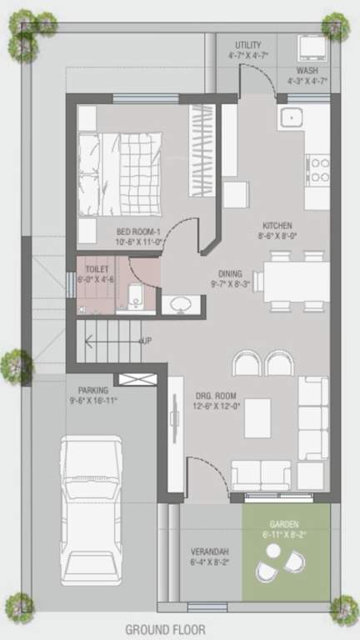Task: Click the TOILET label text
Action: (x=97, y=269)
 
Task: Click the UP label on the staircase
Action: (x=145, y=342)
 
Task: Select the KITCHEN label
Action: (x=277, y=226)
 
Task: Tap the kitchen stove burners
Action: (x=318, y=169)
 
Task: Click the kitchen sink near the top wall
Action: (x=292, y=116)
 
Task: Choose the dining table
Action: (x=296, y=282)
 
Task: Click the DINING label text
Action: (x=231, y=272)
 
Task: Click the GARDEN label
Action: (x=283, y=524)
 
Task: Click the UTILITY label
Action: (x=247, y=45)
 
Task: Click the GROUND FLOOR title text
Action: (x=165, y=630)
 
